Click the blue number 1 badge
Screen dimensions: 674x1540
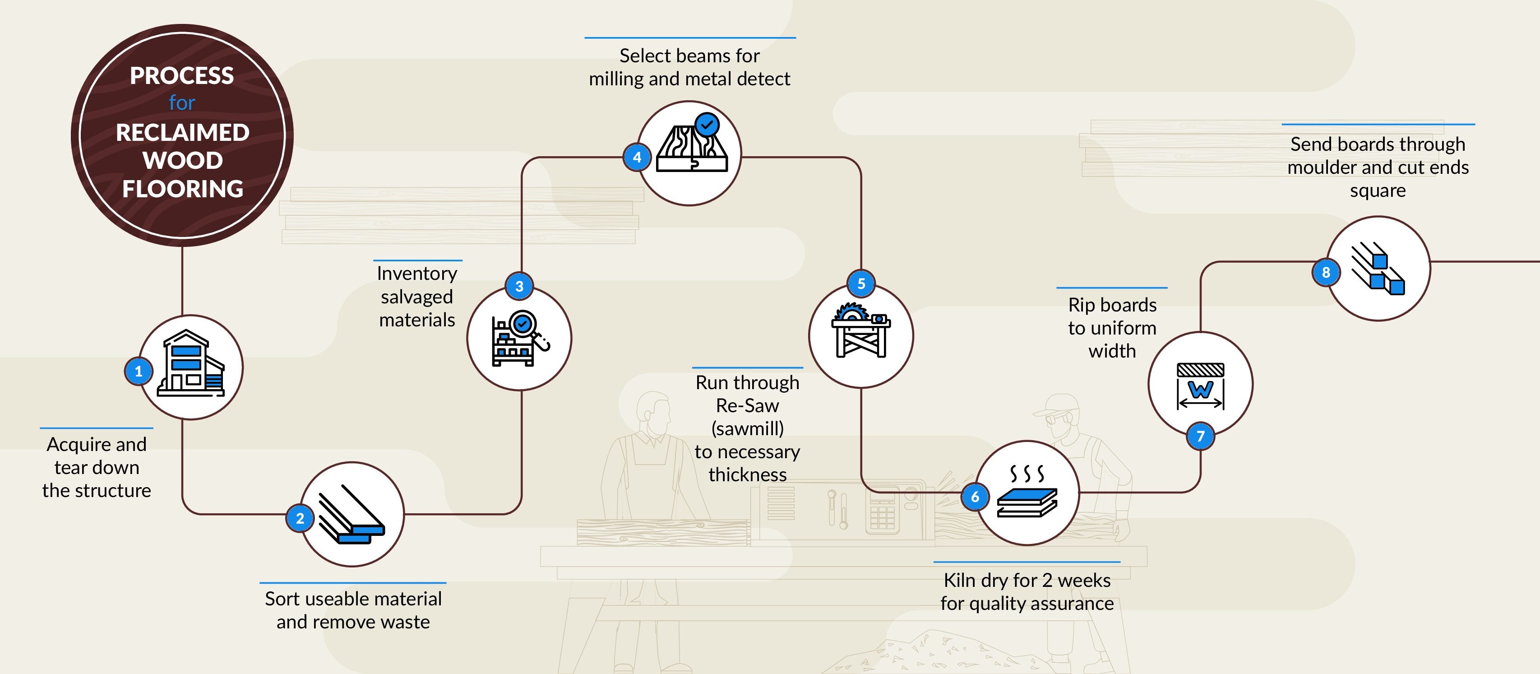coord(139,372)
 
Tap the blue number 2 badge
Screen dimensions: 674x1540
coord(300,519)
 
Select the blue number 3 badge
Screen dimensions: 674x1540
coord(519,287)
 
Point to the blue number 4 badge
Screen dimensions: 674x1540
coord(637,157)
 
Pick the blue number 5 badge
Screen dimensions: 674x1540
coord(861,284)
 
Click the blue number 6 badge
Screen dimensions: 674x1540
coord(975,497)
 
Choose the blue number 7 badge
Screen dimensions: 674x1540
coord(1200,436)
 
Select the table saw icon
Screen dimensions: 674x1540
coord(861,330)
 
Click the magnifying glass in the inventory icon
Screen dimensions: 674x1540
coord(524,325)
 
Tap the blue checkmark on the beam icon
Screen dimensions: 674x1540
coord(707,125)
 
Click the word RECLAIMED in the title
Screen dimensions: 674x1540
coord(182,132)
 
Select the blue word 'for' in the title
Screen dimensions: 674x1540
coord(182,103)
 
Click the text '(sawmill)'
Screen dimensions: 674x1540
coord(747,428)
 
